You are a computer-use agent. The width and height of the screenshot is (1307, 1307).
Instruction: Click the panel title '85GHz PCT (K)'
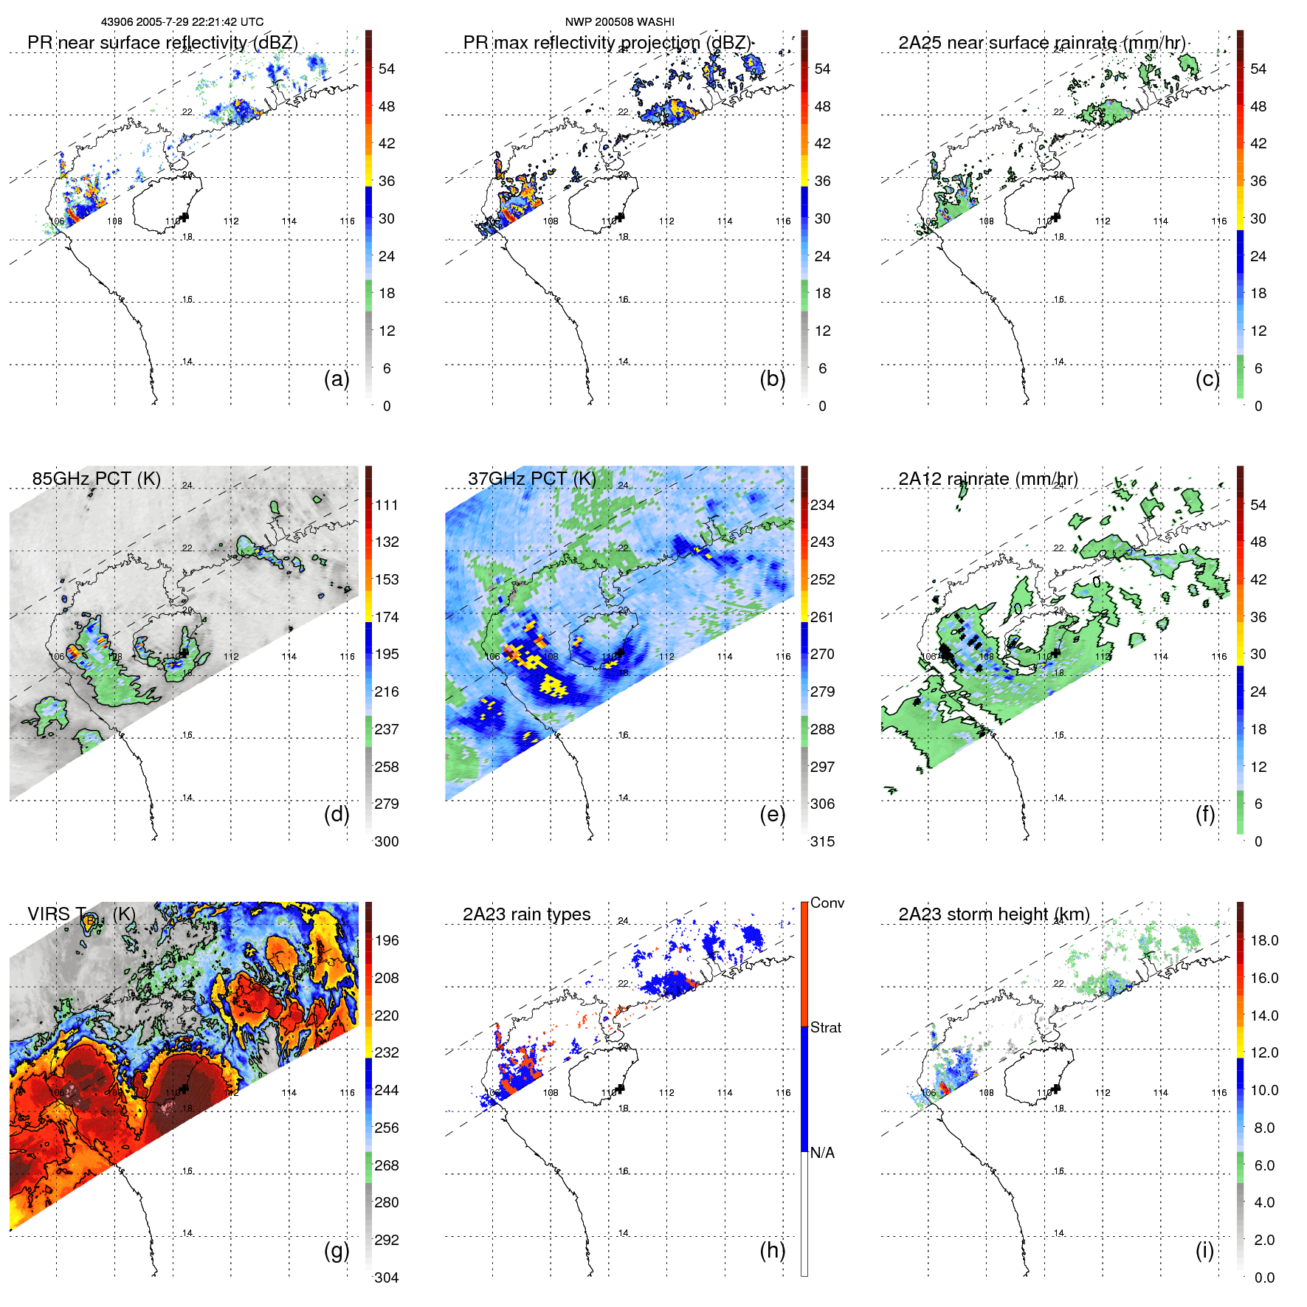[x=96, y=478]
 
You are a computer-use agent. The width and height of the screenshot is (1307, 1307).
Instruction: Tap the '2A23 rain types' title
[x=526, y=914]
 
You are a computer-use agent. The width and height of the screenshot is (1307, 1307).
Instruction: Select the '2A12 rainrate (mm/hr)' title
[x=987, y=478]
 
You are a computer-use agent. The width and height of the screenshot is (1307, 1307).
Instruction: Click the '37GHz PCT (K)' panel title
[x=531, y=478]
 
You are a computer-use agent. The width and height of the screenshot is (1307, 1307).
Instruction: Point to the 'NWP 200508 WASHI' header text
[x=619, y=22]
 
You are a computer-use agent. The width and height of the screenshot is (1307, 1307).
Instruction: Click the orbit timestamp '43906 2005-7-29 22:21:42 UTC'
[x=182, y=22]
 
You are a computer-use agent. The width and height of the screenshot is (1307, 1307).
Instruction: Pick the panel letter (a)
[x=337, y=379]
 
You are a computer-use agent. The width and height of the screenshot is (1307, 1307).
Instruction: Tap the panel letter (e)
[x=772, y=814]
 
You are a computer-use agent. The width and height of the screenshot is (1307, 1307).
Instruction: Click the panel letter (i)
[x=1204, y=1250]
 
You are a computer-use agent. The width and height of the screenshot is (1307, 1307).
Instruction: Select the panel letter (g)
[x=337, y=1250]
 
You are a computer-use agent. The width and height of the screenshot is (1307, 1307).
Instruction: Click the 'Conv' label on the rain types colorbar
[x=827, y=903]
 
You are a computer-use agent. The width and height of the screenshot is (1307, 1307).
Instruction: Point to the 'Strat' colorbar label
[x=826, y=1027]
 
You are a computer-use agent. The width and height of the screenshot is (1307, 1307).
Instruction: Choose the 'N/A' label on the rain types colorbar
[x=822, y=1153]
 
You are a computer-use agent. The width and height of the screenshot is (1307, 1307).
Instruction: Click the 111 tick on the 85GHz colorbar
[x=387, y=505]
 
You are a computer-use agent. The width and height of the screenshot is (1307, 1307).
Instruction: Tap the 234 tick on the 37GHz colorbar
[x=822, y=505]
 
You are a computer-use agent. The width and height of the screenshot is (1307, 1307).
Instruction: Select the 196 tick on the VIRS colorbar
[x=387, y=940]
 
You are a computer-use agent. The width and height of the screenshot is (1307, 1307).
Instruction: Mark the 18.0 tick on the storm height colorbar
[x=1264, y=940]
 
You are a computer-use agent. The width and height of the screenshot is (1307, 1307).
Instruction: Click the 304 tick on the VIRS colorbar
[x=387, y=1277]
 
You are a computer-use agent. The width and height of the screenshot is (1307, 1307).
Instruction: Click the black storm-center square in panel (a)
[x=185, y=216]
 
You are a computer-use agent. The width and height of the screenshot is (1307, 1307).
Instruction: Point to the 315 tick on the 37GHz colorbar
[x=822, y=841]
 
